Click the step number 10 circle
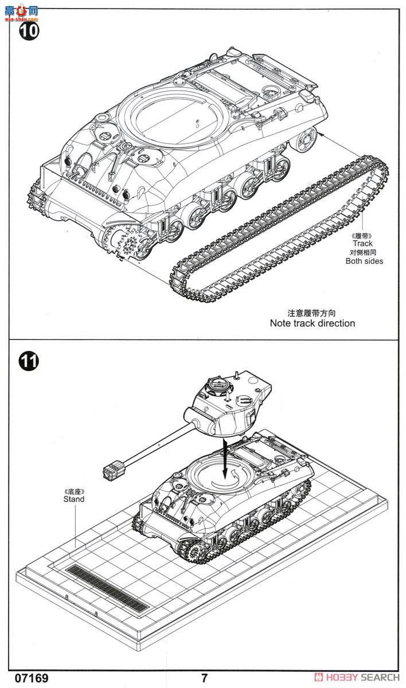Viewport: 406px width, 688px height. coord(29,29)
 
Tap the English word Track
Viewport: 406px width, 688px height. coord(362,244)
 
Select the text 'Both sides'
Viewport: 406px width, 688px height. coord(364,261)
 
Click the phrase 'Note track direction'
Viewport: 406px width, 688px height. coord(312,323)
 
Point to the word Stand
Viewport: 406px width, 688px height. coord(74,499)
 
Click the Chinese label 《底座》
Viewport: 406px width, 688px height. coord(74,491)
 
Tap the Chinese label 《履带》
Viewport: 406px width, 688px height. coord(362,235)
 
